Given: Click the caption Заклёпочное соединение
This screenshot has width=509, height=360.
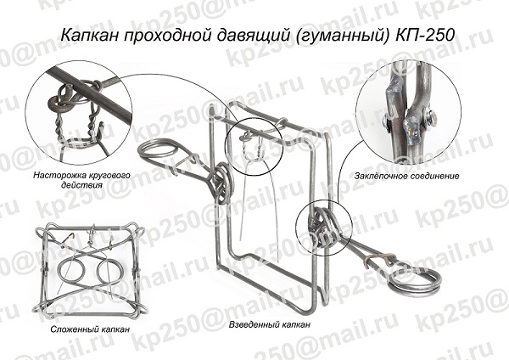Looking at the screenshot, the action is click(406, 176).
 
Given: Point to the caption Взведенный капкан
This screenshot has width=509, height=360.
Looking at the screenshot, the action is click(270, 324).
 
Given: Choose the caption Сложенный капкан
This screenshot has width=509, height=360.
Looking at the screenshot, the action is click(90, 329).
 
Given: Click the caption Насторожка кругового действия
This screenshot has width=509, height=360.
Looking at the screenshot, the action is click(81, 180).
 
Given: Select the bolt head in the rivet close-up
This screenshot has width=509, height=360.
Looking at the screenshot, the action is click(430, 116).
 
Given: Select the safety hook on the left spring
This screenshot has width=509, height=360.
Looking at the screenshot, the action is click(188, 162).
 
